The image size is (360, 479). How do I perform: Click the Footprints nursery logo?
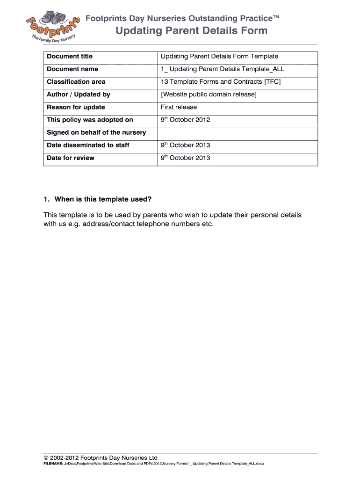coord(51,29)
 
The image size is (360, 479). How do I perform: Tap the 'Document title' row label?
coord(70,57)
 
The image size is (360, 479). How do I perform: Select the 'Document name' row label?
coord(72,69)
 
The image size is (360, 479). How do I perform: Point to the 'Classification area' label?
coord(76,82)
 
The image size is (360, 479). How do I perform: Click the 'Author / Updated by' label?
coord(79,94)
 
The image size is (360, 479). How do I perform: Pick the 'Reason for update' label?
coord(76,107)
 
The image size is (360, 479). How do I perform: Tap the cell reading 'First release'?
coord(179,107)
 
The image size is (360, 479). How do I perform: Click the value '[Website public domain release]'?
coord(209,94)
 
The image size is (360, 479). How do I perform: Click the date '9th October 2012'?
coord(186,120)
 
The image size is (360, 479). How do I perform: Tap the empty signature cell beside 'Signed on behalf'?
coord(238,132)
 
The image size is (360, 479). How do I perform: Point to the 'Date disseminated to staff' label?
coord(88,145)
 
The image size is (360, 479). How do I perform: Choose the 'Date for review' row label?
coord(71,158)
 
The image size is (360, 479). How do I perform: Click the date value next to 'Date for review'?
coord(186,158)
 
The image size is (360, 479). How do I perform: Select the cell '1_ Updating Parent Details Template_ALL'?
coord(223,69)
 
